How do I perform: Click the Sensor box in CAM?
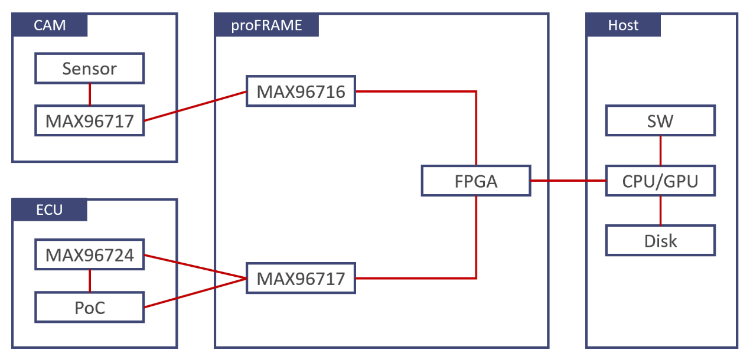pos(89,68)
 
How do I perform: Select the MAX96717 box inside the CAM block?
pos(89,120)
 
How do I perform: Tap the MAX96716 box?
pos(301,91)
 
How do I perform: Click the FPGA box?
pos(476,181)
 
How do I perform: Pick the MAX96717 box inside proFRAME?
pos(301,278)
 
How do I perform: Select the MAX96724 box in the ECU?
pos(89,254)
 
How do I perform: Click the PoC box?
pos(89,307)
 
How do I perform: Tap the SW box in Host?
pos(660,120)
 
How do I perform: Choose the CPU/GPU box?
pos(660,181)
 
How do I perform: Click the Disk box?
pos(660,240)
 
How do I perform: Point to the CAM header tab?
pos(50,25)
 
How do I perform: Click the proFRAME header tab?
pos(266,25)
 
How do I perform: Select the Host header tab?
pos(623,25)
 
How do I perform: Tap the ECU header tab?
pos(50,210)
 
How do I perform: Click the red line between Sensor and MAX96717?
pos(90,94)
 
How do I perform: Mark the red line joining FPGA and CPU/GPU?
pos(568,181)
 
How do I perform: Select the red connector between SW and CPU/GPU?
pos(660,150)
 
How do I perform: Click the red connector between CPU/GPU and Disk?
pos(660,211)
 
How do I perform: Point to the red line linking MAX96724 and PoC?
pos(90,281)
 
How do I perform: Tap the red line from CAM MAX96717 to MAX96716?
pos(195,106)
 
